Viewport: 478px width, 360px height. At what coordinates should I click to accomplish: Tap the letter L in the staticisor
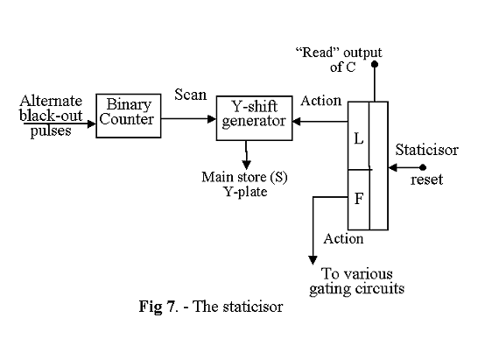[359, 138]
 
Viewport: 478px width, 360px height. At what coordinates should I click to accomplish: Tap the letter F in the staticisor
[358, 199]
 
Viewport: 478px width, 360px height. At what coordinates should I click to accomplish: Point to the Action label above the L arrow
[320, 101]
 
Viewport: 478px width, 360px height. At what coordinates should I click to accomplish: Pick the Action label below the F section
[344, 237]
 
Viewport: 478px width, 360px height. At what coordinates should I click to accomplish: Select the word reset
[426, 180]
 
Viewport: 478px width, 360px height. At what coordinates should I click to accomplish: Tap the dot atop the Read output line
[375, 64]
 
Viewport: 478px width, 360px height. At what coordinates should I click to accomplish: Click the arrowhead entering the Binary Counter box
[92, 124]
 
